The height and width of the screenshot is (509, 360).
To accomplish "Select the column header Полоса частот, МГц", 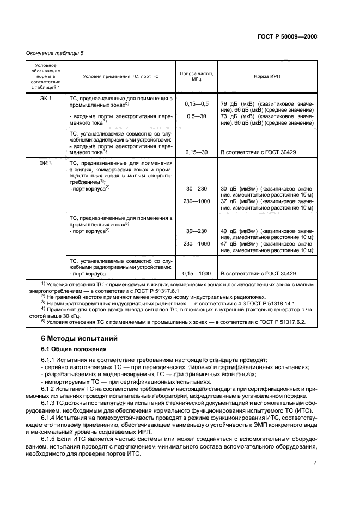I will pos(196,76).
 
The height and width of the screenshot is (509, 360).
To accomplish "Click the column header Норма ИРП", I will pos(267,76).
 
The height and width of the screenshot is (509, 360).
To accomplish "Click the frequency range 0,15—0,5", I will pos(197,103).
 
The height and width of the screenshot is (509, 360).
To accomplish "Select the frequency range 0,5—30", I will pos(197,116).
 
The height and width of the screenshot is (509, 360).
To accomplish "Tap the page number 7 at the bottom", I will pos(315,462).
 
